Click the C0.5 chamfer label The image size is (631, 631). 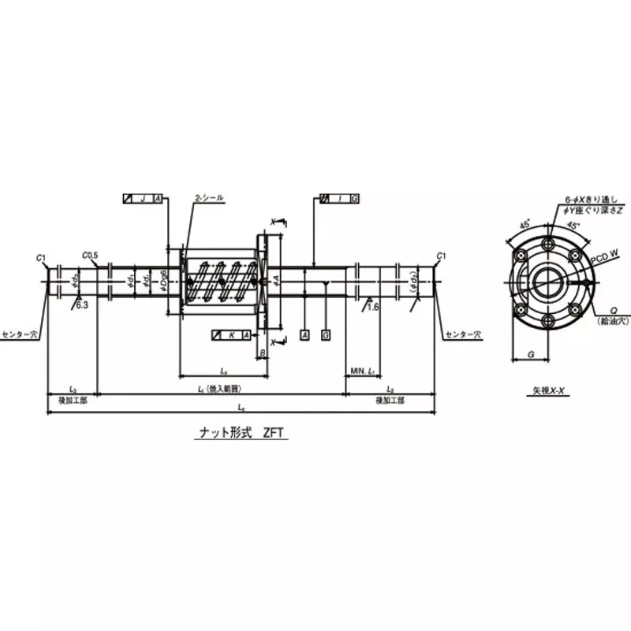coord(90,255)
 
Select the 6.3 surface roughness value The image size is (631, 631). coord(82,304)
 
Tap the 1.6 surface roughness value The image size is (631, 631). coord(374,307)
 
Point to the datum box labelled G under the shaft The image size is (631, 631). coord(326,335)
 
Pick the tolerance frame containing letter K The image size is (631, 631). coord(232,335)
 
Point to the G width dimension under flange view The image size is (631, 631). coord(532,356)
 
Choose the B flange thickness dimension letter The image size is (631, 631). coord(263,353)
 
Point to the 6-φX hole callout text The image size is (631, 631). coord(584,200)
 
